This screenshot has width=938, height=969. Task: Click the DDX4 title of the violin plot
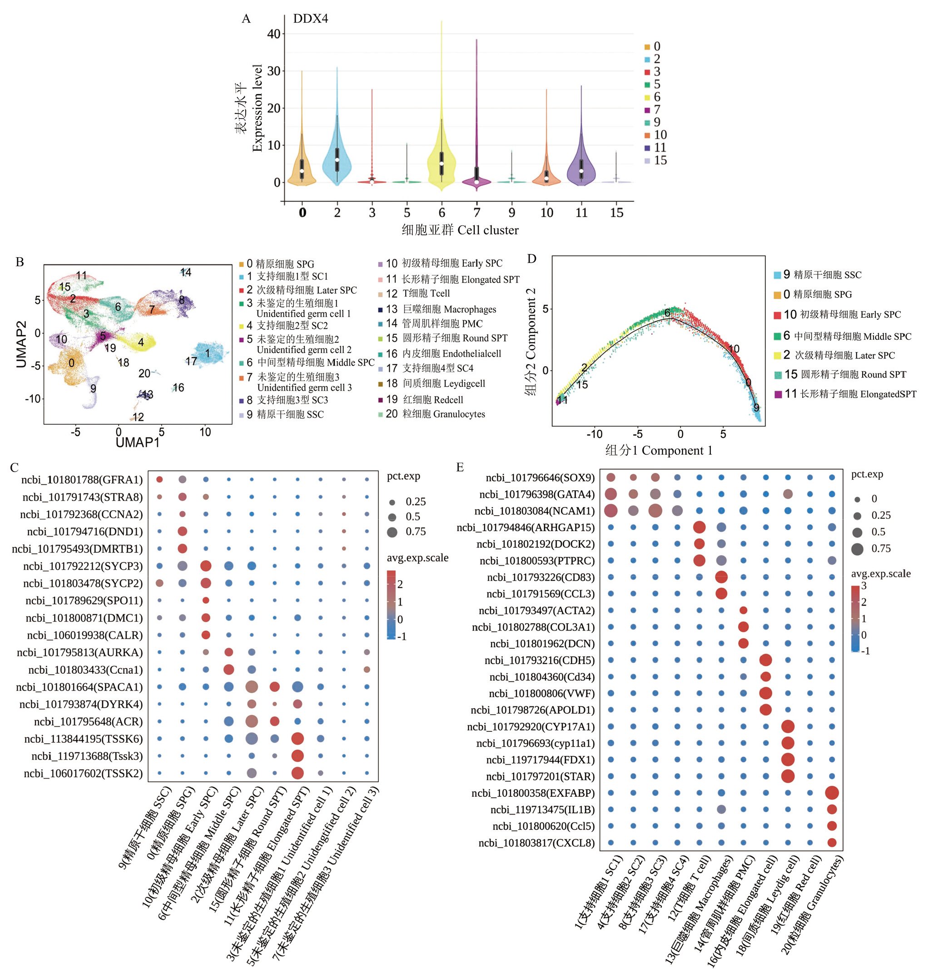pyautogui.click(x=310, y=19)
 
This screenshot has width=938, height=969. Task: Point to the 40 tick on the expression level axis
pyautogui.click(x=274, y=34)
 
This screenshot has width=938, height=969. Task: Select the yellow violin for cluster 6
pyautogui.click(x=442, y=158)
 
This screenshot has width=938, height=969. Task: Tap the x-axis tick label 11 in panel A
pyautogui.click(x=581, y=213)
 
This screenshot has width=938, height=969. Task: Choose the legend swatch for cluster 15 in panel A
pyautogui.click(x=647, y=161)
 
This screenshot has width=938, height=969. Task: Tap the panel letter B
pyautogui.click(x=20, y=262)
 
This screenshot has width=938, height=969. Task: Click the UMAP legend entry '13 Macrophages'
pyautogui.click(x=442, y=309)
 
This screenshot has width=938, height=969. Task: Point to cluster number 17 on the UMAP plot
pyautogui.click(x=191, y=362)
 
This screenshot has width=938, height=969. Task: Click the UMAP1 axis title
pyautogui.click(x=137, y=442)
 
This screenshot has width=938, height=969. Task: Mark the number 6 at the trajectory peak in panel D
pyautogui.click(x=667, y=313)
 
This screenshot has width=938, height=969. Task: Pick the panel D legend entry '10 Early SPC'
pyautogui.click(x=842, y=315)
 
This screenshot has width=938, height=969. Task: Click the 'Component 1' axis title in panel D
pyautogui.click(x=659, y=450)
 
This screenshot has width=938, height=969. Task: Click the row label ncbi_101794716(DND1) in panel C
pyautogui.click(x=84, y=532)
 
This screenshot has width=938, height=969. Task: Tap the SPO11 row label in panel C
pyautogui.click(x=84, y=601)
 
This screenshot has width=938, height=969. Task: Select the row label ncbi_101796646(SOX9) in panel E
pyautogui.click(x=540, y=477)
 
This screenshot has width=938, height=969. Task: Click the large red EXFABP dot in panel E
pyautogui.click(x=832, y=793)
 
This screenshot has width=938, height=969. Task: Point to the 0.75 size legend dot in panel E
pyautogui.click(x=858, y=549)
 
